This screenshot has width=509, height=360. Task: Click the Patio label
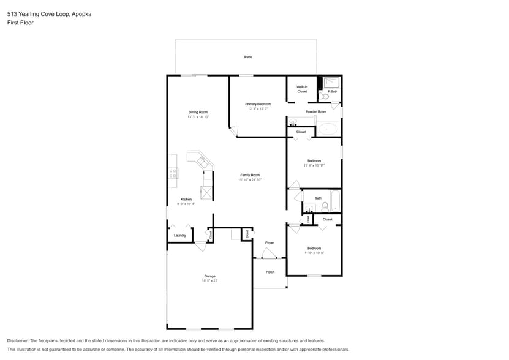[x=248, y=57]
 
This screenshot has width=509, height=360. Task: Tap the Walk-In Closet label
[x=302, y=89]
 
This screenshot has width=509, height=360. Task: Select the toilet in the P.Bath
[x=325, y=96]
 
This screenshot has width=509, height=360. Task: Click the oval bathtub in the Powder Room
[x=329, y=129]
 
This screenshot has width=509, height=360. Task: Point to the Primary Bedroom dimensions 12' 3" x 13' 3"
[x=258, y=109]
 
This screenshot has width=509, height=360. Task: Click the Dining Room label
[x=198, y=112]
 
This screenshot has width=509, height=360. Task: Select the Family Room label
[x=251, y=175]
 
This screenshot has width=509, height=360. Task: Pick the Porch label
[x=270, y=272]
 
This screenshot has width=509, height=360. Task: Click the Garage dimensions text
[x=210, y=281]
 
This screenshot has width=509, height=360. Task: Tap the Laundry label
[x=179, y=235]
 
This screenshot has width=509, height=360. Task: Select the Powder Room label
[x=315, y=111]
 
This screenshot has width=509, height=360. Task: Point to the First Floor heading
[x=20, y=23]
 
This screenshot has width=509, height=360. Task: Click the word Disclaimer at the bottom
[x=18, y=340]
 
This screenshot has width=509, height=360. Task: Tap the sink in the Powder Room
[x=293, y=122]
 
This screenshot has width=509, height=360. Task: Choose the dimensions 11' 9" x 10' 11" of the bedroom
[x=314, y=165]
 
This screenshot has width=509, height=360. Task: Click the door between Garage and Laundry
[x=200, y=246]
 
